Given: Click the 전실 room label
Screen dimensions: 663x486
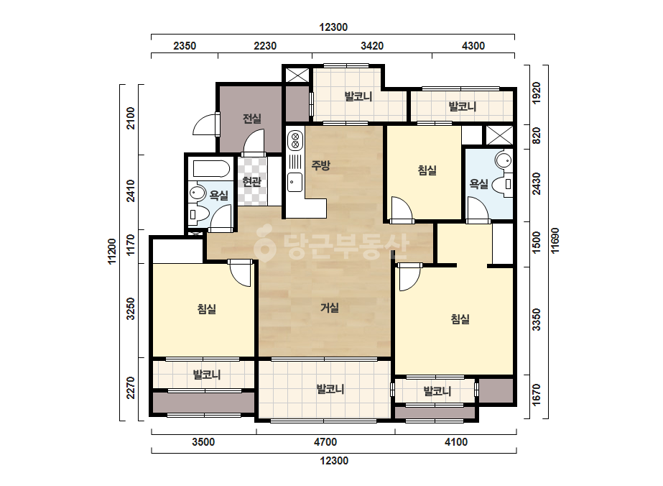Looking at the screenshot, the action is [252, 119].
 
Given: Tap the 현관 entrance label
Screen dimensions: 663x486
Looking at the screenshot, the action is [252, 182].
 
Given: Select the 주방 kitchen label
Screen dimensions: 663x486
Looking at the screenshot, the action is [321, 165].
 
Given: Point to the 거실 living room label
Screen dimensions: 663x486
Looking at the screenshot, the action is [330, 308].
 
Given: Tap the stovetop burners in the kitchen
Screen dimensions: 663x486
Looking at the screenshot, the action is [295, 141].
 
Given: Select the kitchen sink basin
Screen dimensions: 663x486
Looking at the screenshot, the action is [295, 182].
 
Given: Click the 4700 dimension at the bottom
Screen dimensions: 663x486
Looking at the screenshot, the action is [325, 442].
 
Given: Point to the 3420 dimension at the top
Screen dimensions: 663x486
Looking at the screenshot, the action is [372, 46].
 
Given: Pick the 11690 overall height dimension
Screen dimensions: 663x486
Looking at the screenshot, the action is [555, 241].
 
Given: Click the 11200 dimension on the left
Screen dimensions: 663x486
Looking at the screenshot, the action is [112, 252].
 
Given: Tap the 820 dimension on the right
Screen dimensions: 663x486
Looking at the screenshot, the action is [536, 135].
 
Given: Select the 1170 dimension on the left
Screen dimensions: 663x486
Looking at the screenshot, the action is [131, 245].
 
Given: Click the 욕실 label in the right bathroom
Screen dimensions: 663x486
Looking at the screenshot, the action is [478, 184].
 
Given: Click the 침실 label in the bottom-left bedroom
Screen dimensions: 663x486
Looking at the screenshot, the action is [207, 308].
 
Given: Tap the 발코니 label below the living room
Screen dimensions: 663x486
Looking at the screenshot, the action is [330, 389].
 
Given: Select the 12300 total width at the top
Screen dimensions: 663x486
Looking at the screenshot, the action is [333, 27].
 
